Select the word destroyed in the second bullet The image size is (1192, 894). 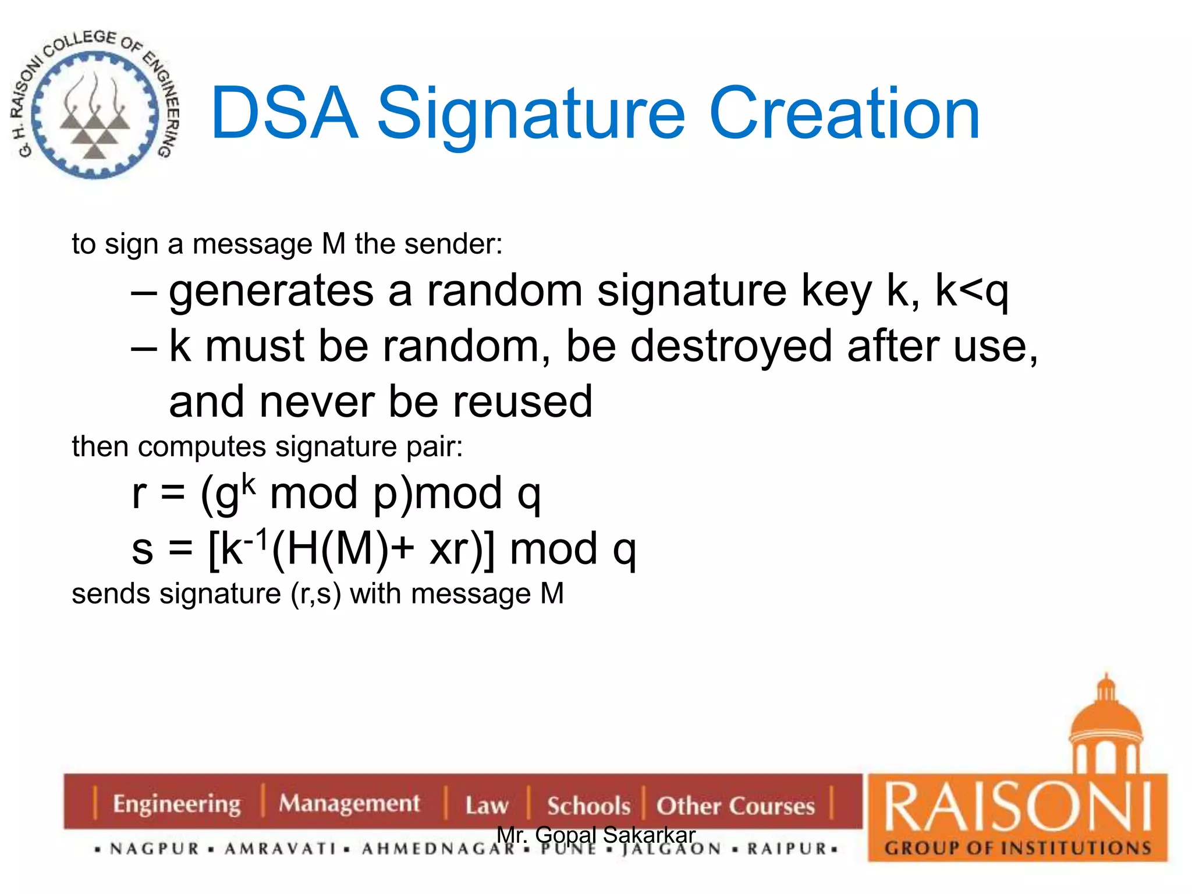pyautogui.click(x=731, y=346)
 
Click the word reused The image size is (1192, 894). pyautogui.click(x=522, y=402)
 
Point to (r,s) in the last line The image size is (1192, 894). pyautogui.click(x=316, y=594)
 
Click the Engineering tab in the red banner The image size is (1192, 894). pyautogui.click(x=176, y=804)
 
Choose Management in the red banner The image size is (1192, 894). pyautogui.click(x=349, y=804)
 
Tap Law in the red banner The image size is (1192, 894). pyautogui.click(x=487, y=806)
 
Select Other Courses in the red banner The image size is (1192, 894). pyautogui.click(x=735, y=806)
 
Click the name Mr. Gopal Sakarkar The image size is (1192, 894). pyautogui.click(x=595, y=835)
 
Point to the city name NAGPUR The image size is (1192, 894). pyautogui.click(x=155, y=849)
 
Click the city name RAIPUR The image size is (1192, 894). pyautogui.click(x=787, y=849)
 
